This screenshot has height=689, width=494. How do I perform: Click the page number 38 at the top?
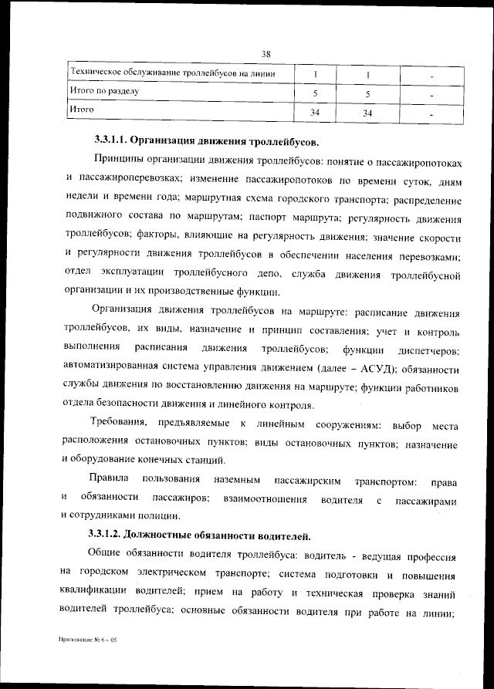coord(266,54)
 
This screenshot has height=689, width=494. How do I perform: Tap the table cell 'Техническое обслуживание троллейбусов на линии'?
coord(173,73)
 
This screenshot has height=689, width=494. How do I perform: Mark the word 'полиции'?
coord(160,515)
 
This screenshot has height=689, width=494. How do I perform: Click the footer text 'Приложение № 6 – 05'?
coord(86,640)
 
